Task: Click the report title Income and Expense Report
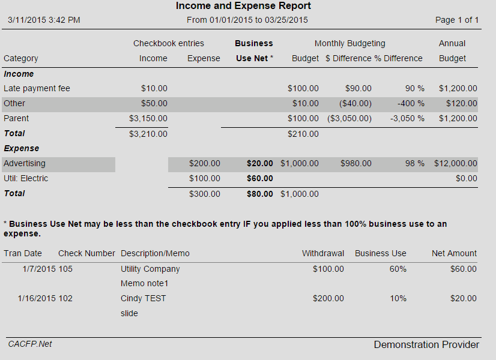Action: (243, 6)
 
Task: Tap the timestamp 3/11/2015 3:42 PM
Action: (44, 20)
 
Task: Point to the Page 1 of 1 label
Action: (456, 20)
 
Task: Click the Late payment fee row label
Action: (37, 88)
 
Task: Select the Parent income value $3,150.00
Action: (148, 118)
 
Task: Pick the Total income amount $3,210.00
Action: (148, 133)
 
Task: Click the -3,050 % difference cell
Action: (407, 118)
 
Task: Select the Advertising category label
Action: (25, 163)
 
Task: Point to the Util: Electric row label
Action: (26, 178)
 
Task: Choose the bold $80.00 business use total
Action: (259, 194)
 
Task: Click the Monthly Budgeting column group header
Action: (349, 43)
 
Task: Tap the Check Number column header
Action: (86, 253)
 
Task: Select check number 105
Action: (65, 269)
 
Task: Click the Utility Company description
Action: (150, 269)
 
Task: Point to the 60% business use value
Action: (398, 269)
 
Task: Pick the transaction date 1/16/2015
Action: (37, 298)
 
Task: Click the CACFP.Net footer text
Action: (30, 344)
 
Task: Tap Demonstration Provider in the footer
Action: (426, 344)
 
